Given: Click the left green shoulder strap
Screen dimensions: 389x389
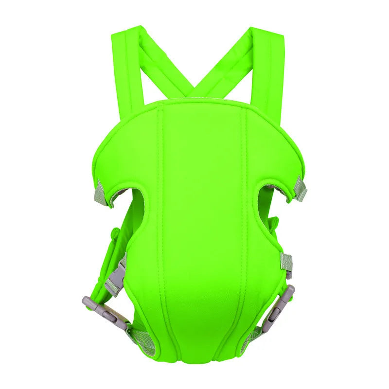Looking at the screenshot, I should pyautogui.click(x=127, y=63).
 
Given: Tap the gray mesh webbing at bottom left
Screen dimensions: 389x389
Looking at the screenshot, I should pyautogui.click(x=137, y=340).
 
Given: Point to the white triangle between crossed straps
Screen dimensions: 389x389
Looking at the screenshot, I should pyautogui.click(x=194, y=58).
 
